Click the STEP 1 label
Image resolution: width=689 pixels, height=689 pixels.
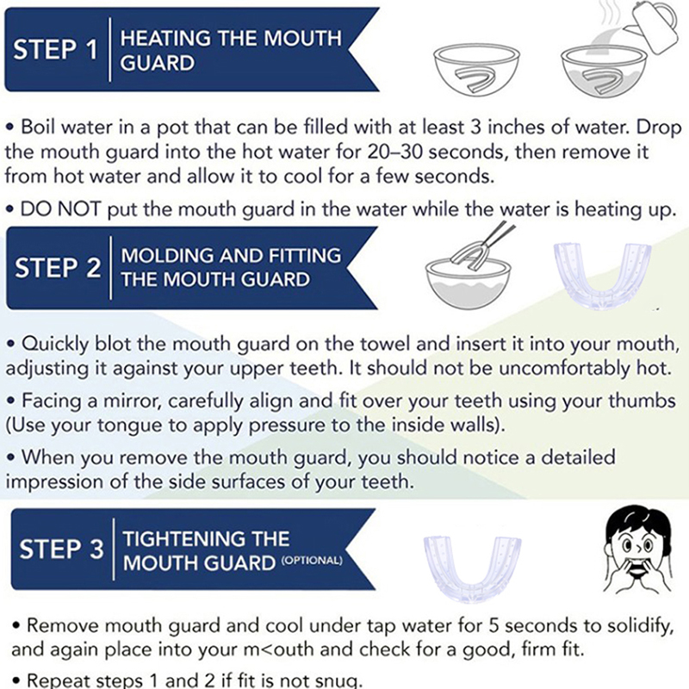[x=55, y=49]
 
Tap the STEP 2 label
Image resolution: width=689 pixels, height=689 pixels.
[x=58, y=267]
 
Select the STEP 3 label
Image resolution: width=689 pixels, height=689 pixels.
[x=61, y=549]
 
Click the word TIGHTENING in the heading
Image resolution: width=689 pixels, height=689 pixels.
[x=206, y=539]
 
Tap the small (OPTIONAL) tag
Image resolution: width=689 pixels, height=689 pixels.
[x=312, y=561]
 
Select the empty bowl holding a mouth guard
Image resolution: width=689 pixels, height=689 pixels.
[x=477, y=70]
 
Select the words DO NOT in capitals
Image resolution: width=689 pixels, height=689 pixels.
[x=60, y=208]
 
